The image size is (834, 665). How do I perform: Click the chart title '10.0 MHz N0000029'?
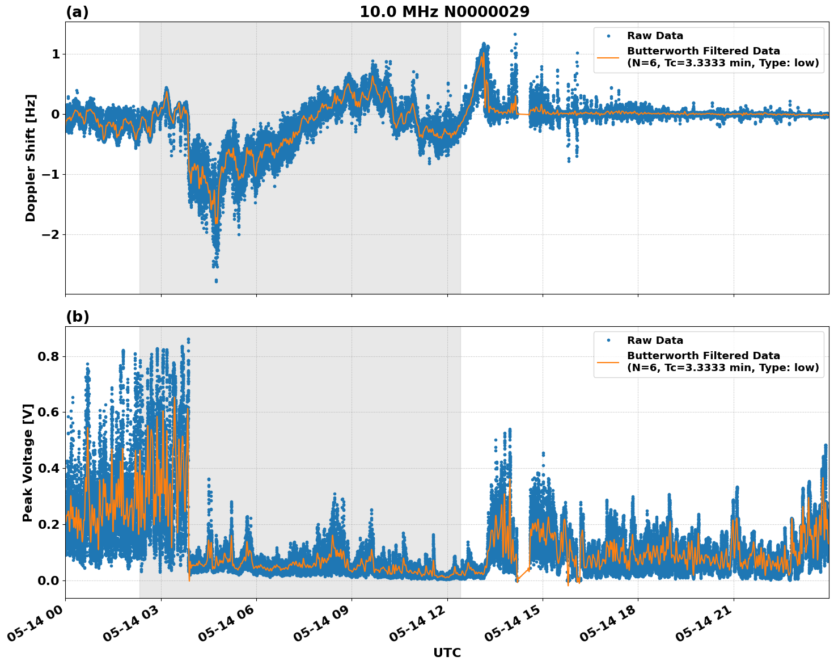[444, 12]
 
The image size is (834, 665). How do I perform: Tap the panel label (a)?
[77, 12]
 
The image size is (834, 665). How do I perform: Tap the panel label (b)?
[77, 317]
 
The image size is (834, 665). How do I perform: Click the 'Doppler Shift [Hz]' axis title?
[31, 158]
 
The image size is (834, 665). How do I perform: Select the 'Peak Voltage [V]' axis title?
[28, 462]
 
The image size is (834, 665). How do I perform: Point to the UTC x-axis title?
[447, 653]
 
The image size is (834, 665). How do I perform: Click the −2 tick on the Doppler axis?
[51, 234]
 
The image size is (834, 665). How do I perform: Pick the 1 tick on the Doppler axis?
[56, 54]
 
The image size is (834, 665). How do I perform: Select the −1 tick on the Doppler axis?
[51, 174]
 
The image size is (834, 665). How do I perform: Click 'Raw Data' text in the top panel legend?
[655, 36]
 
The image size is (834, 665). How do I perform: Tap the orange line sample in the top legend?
[608, 57]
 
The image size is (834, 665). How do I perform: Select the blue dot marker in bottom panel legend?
[608, 340]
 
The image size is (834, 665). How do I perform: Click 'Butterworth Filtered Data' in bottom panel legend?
[703, 356]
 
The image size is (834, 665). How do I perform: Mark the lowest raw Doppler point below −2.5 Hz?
[216, 280]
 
